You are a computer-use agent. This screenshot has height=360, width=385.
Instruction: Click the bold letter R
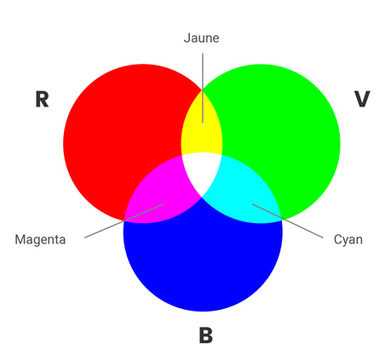point(42,100)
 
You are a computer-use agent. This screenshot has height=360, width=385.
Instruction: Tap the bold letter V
point(362,99)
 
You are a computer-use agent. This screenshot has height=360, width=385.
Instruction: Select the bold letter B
point(206,335)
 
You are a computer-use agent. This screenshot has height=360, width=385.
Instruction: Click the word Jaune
point(201,38)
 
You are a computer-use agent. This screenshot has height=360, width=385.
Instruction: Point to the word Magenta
point(40,240)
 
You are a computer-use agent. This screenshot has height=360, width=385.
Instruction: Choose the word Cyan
point(348,240)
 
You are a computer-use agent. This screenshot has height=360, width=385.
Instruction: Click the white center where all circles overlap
point(202,170)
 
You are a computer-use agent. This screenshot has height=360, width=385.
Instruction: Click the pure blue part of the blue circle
point(203,261)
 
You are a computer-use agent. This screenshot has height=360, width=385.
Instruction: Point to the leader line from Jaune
point(203,88)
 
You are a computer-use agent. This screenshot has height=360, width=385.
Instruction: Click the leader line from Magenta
point(124,220)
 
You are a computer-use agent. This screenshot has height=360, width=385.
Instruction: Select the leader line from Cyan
point(288,220)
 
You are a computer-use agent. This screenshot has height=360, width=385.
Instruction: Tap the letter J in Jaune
point(187,38)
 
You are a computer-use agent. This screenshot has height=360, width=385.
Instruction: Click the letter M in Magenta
point(20,239)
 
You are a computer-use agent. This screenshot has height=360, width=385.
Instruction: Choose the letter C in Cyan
point(338,239)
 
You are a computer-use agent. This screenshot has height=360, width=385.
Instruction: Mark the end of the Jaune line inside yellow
point(203,123)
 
